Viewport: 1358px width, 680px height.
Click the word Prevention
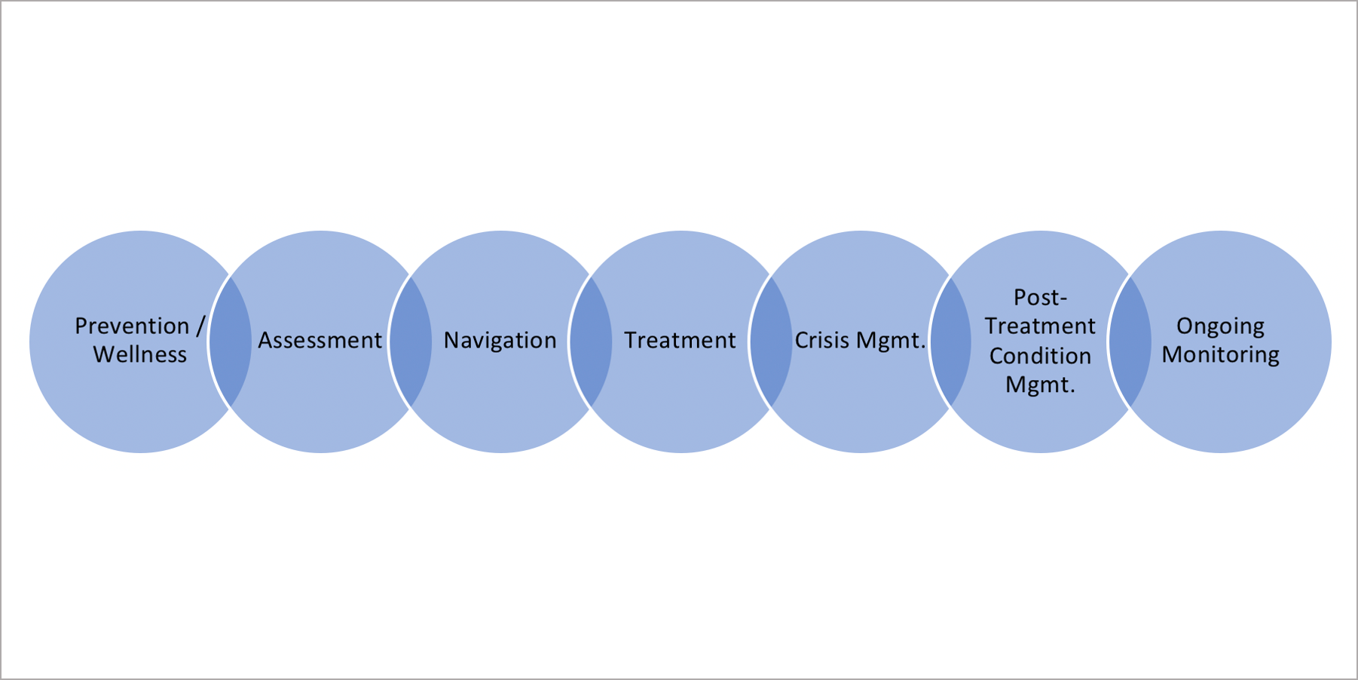132,326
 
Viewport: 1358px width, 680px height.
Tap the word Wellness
140,354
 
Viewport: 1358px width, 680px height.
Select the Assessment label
320,341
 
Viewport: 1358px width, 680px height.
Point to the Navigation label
500,341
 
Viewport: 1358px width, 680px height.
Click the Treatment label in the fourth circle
680,341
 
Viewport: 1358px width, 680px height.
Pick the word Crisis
822,341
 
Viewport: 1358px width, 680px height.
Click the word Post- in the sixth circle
1040,298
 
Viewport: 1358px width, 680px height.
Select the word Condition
1040,356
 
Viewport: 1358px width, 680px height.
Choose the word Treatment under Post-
1040,326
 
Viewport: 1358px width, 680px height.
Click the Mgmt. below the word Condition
1040,385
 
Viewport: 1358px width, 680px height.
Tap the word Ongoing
1220,326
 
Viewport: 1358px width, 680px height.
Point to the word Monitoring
1220,355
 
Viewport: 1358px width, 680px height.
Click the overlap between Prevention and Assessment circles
230,342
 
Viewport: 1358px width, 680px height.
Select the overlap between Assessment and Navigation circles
411,342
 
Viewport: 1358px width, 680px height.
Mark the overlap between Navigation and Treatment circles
591,342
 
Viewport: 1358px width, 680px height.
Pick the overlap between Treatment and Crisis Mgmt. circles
771,342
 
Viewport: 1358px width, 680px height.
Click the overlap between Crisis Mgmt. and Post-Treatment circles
951,342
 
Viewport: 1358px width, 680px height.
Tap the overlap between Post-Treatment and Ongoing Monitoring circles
1130,342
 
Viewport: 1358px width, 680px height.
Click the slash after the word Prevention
200,326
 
